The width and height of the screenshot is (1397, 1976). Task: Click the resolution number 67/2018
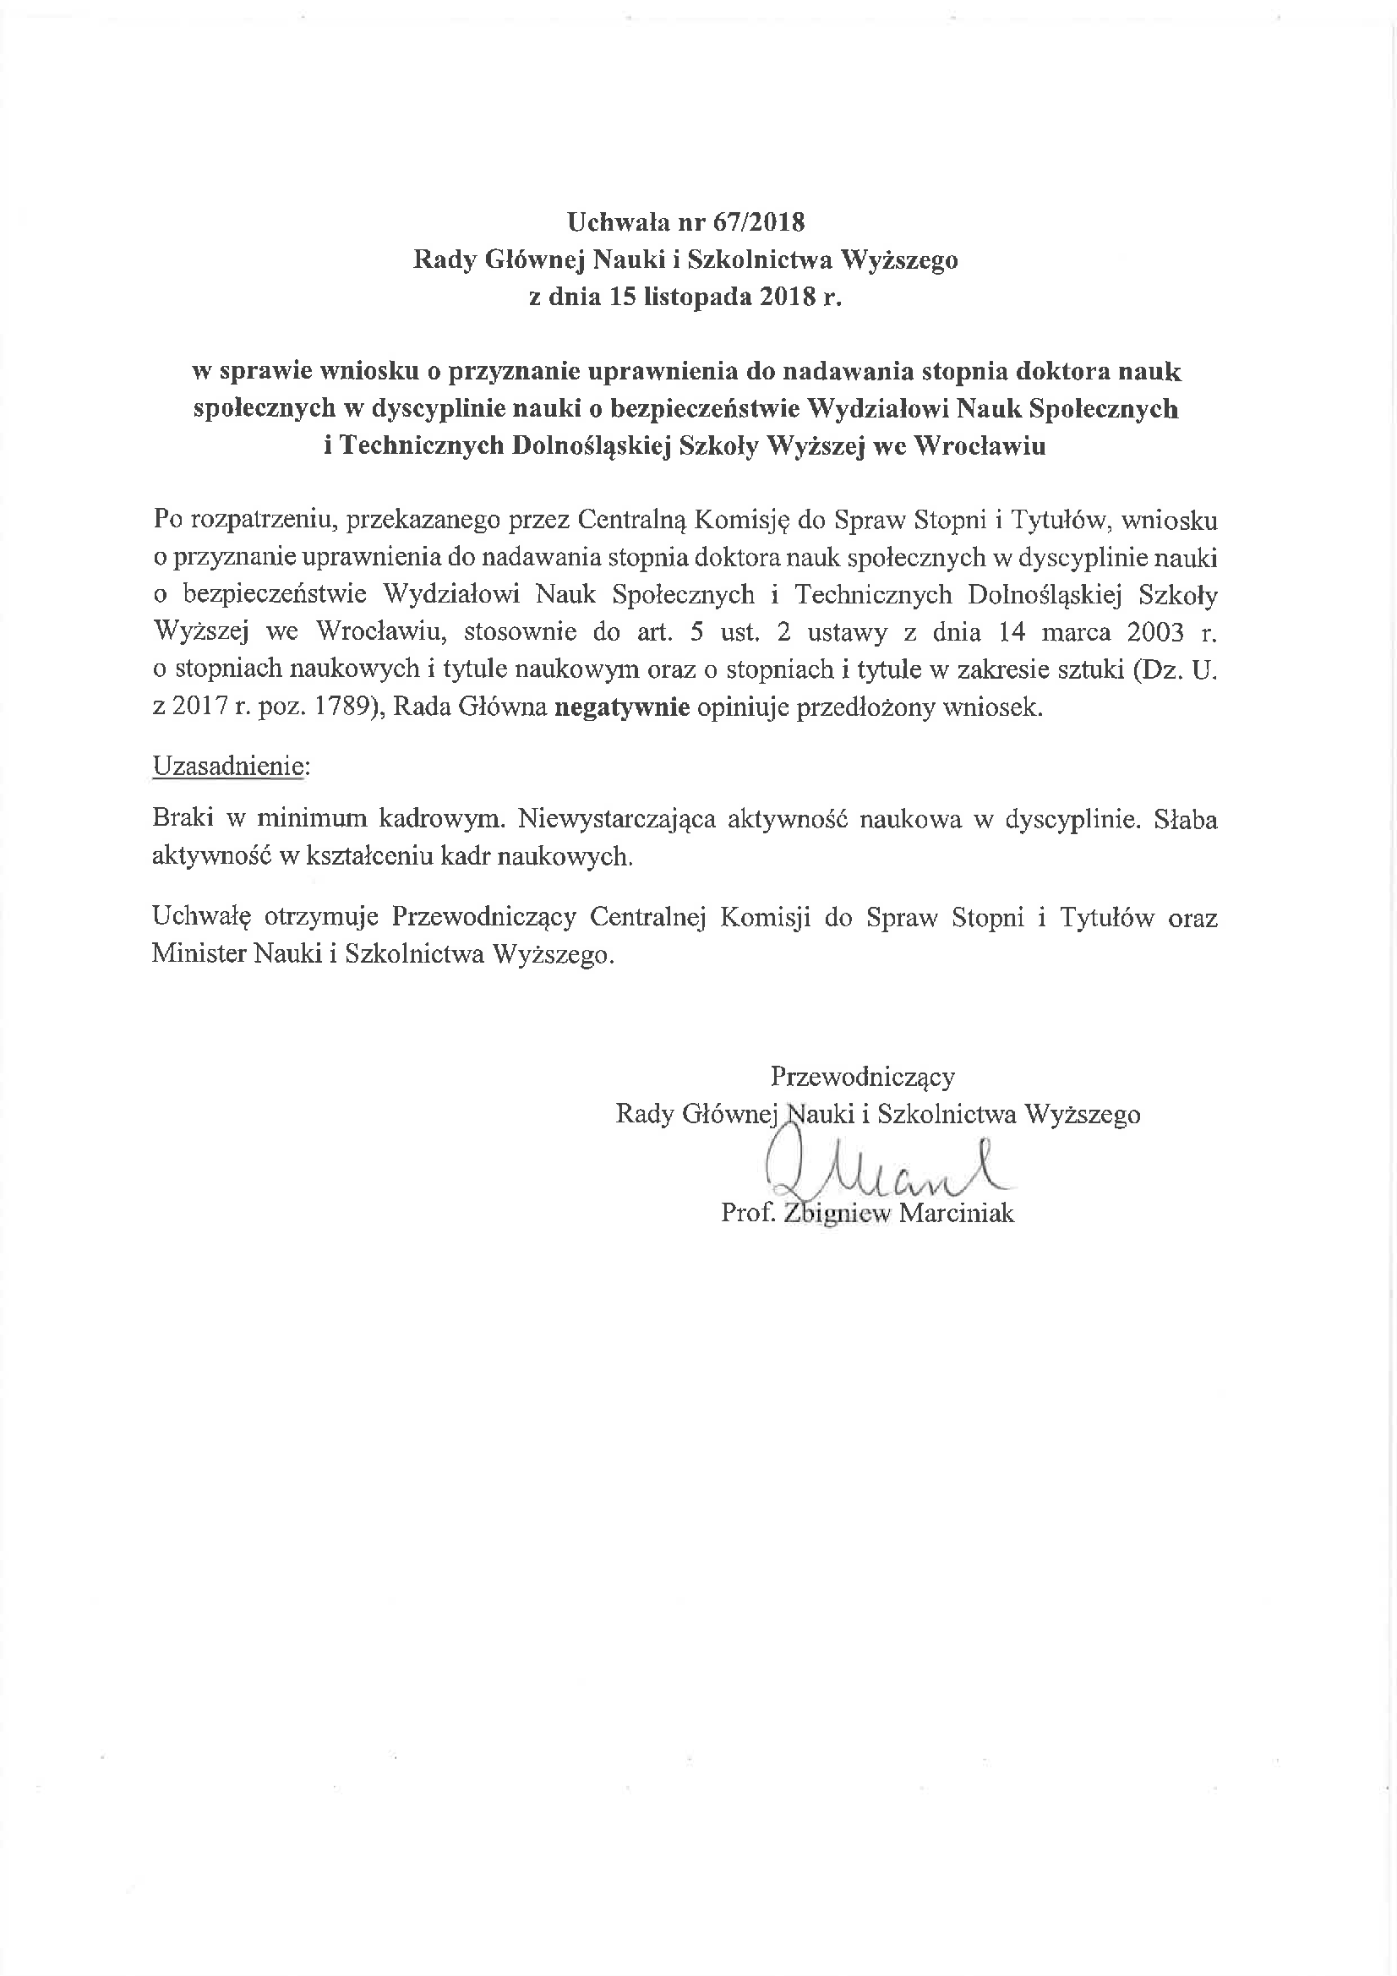click(x=758, y=223)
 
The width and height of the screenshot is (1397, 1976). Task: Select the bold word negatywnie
click(x=622, y=707)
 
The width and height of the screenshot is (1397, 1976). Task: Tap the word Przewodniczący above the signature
click(x=863, y=1077)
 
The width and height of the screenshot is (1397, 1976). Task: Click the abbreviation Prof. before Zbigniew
click(x=745, y=1214)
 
